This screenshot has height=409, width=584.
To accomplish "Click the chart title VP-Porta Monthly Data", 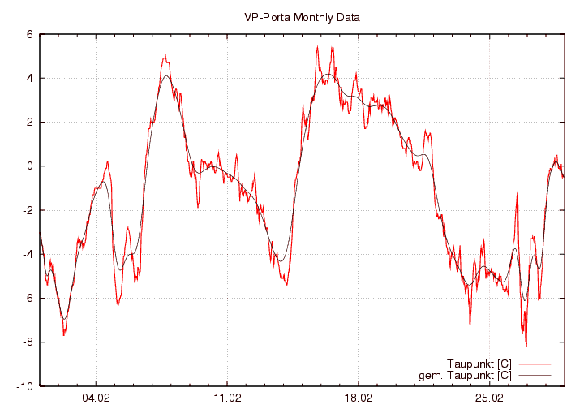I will (302, 17).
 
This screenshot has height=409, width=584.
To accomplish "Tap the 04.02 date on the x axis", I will (96, 398).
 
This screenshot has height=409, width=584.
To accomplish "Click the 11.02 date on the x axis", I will (227, 398).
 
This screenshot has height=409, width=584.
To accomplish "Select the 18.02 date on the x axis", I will (359, 398).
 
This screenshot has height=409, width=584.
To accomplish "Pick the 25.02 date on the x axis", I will (489, 398).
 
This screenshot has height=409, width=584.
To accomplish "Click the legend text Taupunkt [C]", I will (479, 363).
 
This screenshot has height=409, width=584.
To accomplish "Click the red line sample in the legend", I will (533, 363).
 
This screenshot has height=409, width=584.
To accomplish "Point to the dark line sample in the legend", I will (533, 375).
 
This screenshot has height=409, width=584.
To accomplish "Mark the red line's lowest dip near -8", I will (526, 346).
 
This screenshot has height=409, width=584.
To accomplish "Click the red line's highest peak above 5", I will (318, 47).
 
